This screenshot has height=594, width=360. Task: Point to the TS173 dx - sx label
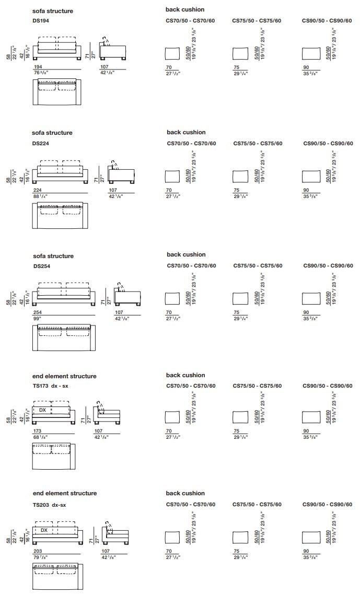tap(52, 386)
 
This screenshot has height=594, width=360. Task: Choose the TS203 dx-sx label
tap(50, 505)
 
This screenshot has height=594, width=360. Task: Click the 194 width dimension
tap(38, 67)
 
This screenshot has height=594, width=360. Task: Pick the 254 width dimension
tap(37, 312)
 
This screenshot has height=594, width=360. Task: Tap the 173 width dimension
tap(37, 431)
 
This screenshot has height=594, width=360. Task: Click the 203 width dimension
tap(37, 551)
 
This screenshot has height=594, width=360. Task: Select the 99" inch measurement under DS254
tap(36, 318)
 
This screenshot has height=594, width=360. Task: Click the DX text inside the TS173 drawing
tap(42, 410)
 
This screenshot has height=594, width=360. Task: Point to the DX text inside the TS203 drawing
tap(44, 530)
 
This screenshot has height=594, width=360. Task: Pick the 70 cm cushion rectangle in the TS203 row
tap(172, 538)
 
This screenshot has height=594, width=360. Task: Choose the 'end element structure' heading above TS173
tap(64, 376)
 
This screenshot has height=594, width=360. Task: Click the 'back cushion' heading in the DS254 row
tap(186, 254)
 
